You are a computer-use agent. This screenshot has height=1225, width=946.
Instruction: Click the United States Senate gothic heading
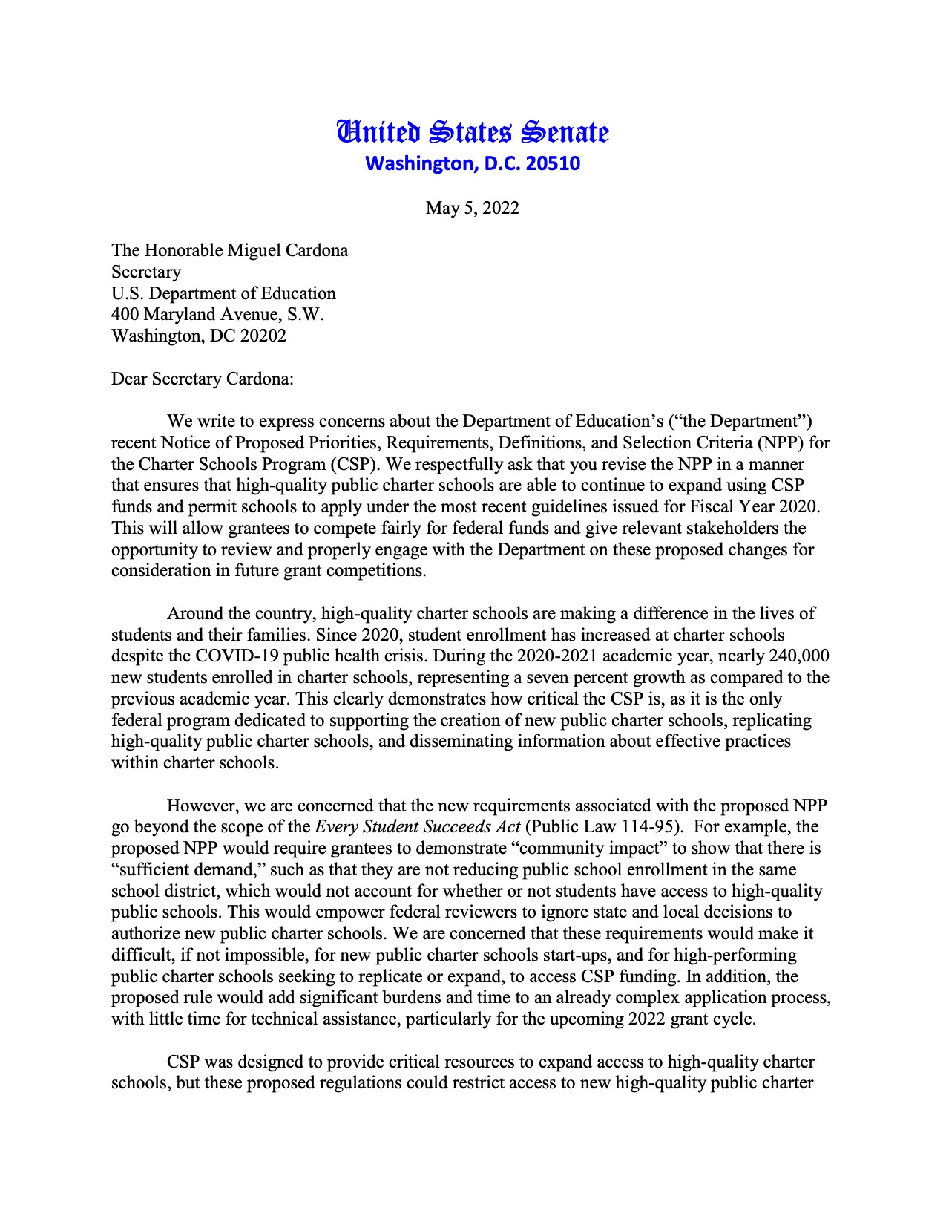point(473,132)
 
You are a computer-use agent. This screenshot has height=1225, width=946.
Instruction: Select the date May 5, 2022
point(473,208)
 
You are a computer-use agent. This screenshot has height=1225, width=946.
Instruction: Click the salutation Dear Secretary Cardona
point(203,379)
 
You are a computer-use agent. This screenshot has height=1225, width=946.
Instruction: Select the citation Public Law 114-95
point(602,827)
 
